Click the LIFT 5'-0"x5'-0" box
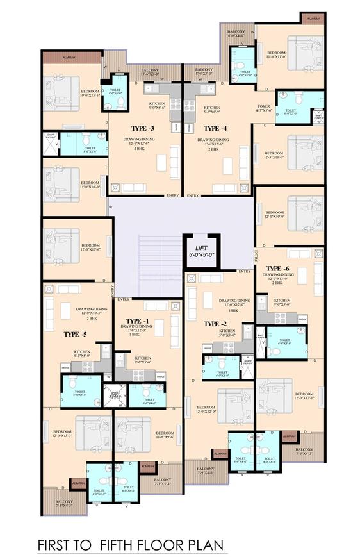(202, 249)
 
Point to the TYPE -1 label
(137, 320)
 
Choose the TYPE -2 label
(211, 324)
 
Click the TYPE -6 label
(277, 268)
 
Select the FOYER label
(264, 107)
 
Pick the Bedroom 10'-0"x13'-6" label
(90, 94)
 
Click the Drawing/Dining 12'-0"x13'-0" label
(277, 280)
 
